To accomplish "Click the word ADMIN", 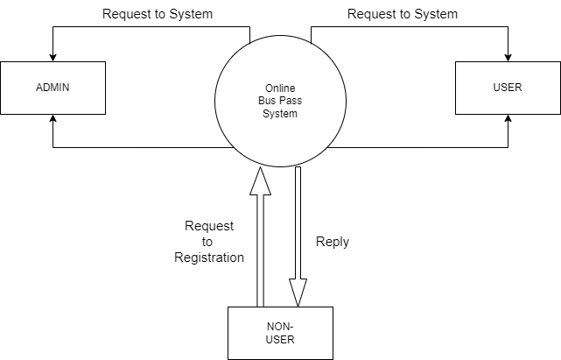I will tap(53, 88).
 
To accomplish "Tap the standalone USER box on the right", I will tap(508, 88).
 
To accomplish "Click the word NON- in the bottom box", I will tap(280, 326).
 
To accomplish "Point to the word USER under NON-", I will tap(280, 340).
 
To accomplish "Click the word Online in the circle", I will tap(280, 89).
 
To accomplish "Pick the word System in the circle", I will tap(280, 114).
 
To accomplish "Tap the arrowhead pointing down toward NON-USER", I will tap(298, 293).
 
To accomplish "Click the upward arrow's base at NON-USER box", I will tap(260, 304).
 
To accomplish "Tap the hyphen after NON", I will tap(292, 326).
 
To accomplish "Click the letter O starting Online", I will tap(268, 89).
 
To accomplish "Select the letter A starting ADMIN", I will tap(39, 88).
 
